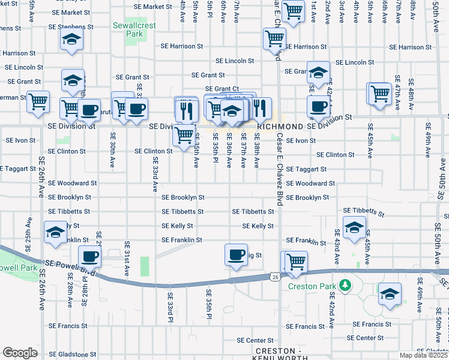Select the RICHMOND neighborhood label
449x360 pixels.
280,127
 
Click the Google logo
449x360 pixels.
20,353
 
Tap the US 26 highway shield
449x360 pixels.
275,277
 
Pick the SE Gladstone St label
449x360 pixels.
72,355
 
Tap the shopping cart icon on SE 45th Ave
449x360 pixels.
379,94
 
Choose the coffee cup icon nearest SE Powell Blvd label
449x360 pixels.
90,257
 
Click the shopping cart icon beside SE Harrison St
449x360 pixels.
274,39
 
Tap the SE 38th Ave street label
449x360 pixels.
257,154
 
